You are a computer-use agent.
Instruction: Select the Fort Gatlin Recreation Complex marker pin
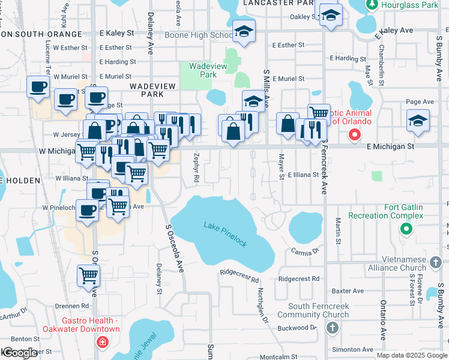pyautogui.click(x=406, y=229)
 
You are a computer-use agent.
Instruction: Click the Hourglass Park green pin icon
pyautogui.click(x=372, y=5)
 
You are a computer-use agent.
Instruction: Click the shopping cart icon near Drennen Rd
pyautogui.click(x=89, y=275)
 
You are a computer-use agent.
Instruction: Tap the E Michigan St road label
pyautogui.click(x=390, y=146)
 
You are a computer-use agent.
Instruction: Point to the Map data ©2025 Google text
pyautogui.click(x=412, y=355)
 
